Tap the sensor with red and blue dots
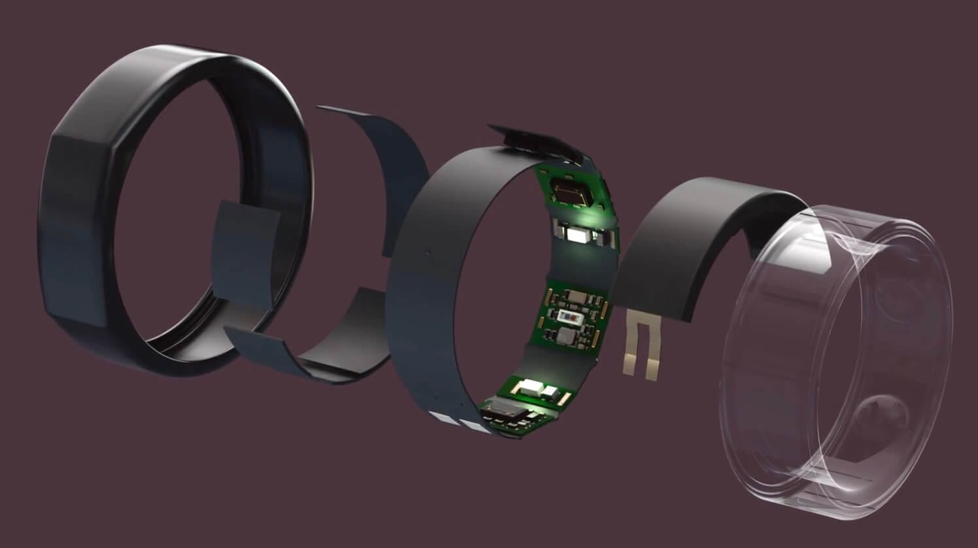[568, 317]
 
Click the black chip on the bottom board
[504, 411]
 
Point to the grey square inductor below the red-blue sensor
[566, 336]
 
